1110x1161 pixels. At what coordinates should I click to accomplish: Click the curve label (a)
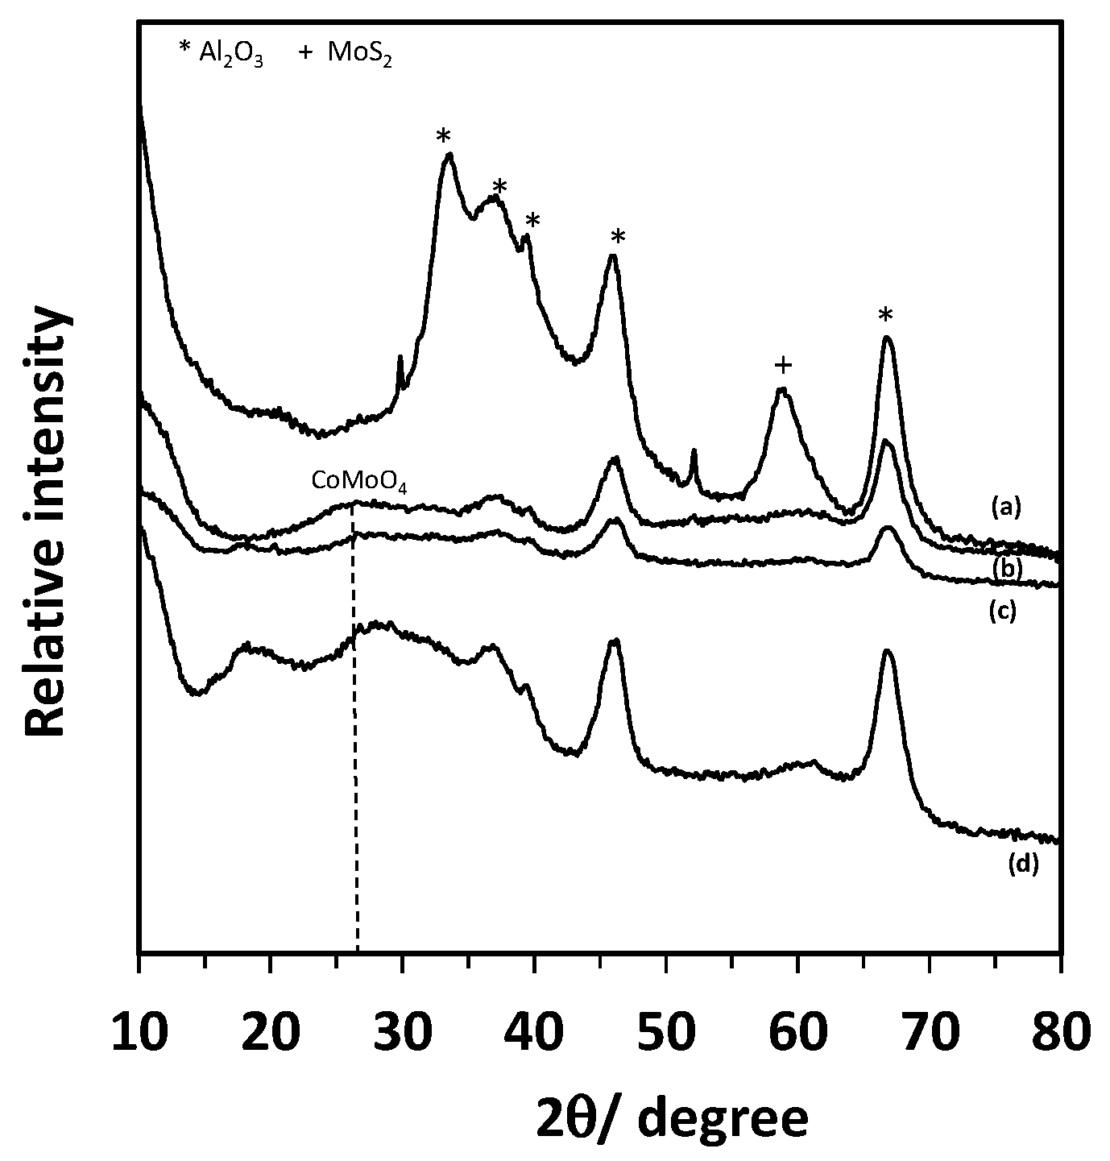coord(1006,506)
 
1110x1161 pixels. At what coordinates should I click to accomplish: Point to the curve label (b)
coord(1006,569)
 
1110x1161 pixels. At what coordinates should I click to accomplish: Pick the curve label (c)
coord(1003,612)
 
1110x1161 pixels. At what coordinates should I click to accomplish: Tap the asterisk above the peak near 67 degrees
coord(886,315)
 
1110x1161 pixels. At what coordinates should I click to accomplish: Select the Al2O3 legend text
coord(222,56)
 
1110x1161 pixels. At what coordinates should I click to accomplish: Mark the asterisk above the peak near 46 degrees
coord(618,238)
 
